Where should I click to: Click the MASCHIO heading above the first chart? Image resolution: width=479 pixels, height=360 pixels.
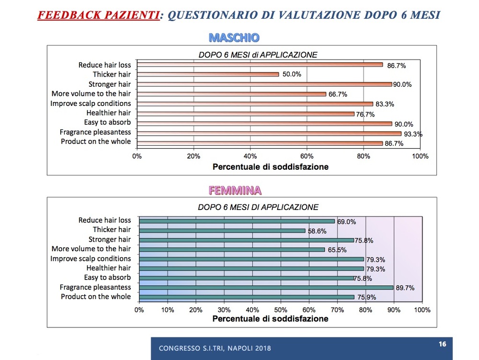(234, 37)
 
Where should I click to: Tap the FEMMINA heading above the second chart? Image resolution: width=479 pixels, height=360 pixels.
(235, 190)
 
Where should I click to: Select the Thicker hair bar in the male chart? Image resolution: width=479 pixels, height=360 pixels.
(208, 74)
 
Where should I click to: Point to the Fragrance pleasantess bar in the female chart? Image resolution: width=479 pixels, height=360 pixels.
(266, 288)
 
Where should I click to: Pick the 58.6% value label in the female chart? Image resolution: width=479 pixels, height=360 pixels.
(317, 231)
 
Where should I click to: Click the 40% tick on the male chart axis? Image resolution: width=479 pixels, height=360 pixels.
(250, 157)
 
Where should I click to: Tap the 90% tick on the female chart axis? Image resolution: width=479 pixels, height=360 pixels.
(394, 310)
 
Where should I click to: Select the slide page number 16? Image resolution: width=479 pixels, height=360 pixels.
(442, 344)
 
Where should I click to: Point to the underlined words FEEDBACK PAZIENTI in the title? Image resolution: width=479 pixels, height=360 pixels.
(98, 15)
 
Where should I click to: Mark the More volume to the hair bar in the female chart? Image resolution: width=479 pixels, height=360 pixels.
(232, 249)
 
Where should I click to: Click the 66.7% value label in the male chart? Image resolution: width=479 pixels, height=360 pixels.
(338, 95)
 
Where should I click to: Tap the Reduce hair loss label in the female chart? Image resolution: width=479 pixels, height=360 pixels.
(104, 220)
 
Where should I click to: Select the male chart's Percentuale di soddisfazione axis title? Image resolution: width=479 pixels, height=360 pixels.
(270, 167)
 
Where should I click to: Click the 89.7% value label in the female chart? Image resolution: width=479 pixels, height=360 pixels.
(405, 288)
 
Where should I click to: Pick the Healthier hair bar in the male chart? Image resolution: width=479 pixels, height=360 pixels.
(246, 114)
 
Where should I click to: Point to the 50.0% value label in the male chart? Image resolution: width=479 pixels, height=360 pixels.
(292, 75)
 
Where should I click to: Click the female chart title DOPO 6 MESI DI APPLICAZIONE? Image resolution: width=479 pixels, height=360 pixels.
(258, 208)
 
